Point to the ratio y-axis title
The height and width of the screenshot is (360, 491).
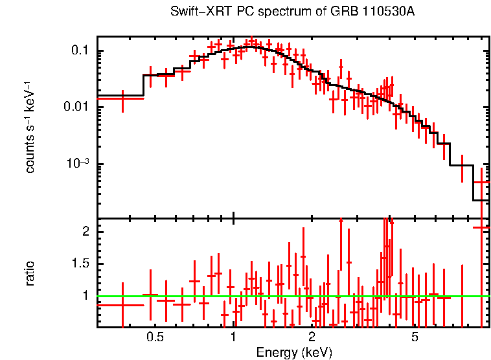tap(30, 273)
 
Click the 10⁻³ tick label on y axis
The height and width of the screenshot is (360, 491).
tap(78, 164)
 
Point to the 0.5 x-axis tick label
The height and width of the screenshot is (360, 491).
tap(155, 337)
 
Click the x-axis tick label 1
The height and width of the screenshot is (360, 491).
tap(233, 337)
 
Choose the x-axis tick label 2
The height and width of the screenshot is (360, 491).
tap(312, 337)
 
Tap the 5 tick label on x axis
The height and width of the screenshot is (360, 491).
tap(415, 337)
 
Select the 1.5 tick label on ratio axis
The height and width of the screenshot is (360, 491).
tap(82, 264)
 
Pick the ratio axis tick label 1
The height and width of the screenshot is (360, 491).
tap(87, 296)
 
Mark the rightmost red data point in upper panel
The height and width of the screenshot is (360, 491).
tap(481, 183)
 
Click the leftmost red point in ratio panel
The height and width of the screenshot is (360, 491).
tap(122, 304)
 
